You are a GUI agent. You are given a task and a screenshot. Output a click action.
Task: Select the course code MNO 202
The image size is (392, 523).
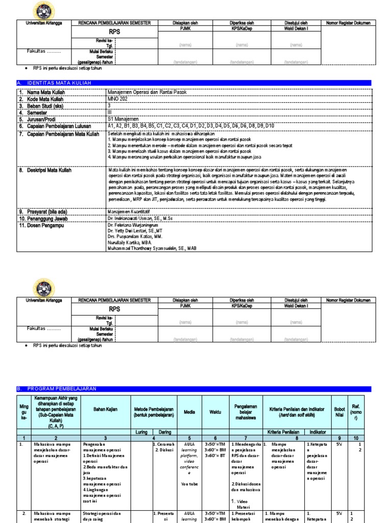[x=118, y=98]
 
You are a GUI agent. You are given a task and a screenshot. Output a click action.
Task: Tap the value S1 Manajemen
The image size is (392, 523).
[x=124, y=118]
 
